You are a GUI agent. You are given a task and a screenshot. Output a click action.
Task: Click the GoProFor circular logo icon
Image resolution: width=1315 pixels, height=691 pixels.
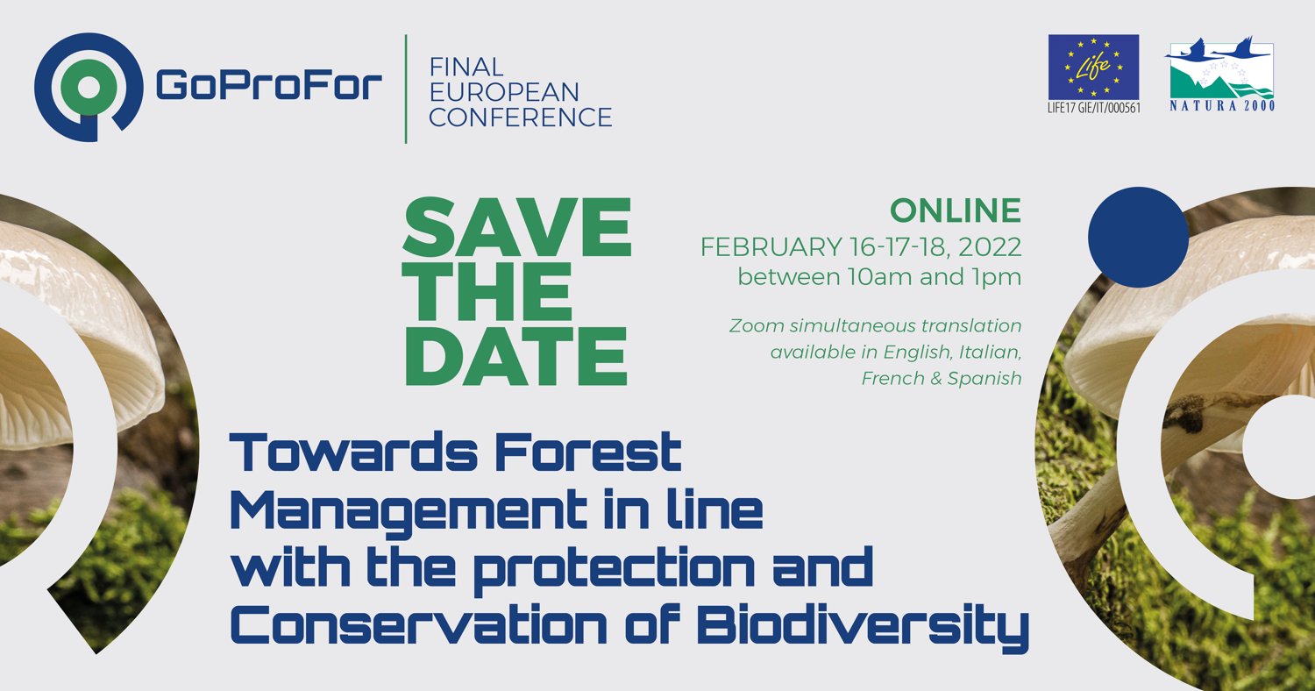[88, 88]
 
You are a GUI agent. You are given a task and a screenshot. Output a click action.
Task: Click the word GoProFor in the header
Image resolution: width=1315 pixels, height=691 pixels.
[268, 86]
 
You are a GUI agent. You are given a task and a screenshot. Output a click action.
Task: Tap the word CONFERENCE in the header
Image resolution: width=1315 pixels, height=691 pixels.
[520, 117]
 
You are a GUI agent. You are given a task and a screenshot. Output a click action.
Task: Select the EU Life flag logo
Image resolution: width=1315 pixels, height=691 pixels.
[1093, 68]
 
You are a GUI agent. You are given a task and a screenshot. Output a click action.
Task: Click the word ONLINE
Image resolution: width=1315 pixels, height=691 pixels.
[956, 210]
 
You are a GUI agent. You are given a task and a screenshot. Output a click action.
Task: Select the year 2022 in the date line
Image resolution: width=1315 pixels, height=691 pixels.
[992, 247]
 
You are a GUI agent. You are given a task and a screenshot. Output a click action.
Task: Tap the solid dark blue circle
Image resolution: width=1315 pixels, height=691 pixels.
[1137, 237]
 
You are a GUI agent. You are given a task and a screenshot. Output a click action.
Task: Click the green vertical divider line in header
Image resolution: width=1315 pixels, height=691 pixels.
[406, 88]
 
